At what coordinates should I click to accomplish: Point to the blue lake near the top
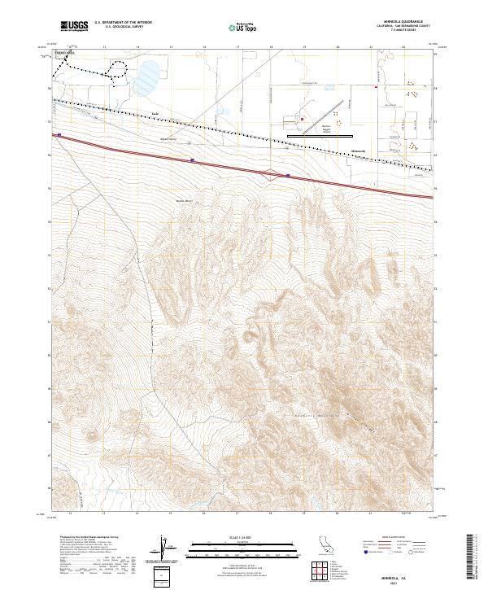click(148, 80)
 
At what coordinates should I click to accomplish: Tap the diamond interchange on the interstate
click(269, 172)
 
